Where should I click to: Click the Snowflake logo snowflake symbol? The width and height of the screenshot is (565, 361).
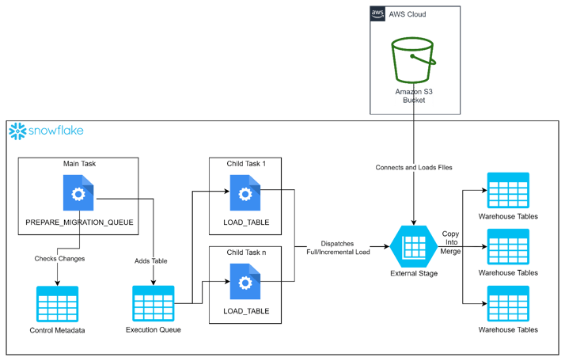click(17, 131)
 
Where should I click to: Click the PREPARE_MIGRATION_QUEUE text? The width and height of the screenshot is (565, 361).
click(78, 224)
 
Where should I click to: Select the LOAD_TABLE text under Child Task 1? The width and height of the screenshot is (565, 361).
click(246, 223)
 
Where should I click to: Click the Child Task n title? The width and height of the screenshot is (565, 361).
click(246, 252)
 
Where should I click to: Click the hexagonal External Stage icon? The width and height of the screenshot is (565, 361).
click(414, 246)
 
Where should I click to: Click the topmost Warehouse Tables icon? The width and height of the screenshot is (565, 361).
click(507, 191)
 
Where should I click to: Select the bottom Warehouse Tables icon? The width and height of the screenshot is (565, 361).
click(507, 304)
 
